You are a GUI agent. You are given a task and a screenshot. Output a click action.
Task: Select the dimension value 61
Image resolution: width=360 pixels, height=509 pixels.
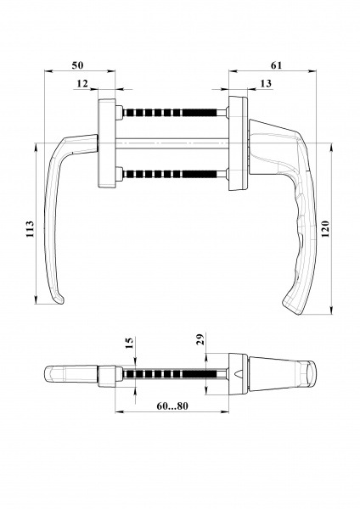tap(276, 65)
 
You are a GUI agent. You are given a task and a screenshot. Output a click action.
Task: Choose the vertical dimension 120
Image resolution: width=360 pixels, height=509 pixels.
tap(323, 229)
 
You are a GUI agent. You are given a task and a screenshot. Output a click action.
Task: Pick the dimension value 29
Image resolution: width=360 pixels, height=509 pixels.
tap(199, 340)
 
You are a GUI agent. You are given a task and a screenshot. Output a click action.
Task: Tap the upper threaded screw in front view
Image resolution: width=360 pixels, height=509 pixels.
tap(174, 112)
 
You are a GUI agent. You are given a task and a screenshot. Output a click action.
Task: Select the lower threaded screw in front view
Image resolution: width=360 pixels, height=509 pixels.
tap(174, 174)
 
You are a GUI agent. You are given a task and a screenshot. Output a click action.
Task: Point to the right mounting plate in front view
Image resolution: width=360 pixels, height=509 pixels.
tap(237, 143)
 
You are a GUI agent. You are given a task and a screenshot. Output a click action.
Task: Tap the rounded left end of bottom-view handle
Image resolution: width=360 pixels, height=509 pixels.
tap(48, 374)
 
